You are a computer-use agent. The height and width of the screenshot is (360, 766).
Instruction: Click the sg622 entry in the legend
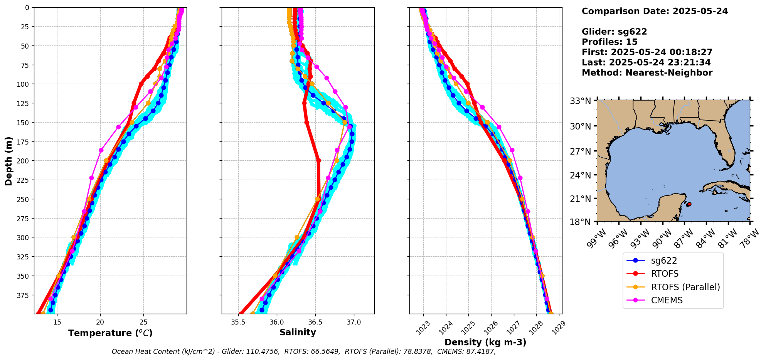pos(663,261)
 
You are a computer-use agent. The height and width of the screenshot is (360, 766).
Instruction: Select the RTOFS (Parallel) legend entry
pos(685,287)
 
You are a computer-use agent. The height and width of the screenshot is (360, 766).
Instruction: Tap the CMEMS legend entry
pos(667,300)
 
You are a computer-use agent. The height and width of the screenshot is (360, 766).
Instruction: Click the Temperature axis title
pos(110,333)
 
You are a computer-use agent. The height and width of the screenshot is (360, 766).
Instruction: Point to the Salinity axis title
pos(298,332)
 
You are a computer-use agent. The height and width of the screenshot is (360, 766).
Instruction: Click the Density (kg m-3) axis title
pos(485,342)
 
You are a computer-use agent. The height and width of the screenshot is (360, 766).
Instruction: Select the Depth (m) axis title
pos(8,161)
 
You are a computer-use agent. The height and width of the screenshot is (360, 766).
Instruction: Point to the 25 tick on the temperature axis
pos(143,322)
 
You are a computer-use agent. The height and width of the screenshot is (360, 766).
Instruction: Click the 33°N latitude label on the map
pos(580,101)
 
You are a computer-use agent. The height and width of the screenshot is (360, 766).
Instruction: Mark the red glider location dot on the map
pos(689,204)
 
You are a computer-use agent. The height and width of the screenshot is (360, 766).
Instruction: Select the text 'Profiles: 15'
pos(609,42)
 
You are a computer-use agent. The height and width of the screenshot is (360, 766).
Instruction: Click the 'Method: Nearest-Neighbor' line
pos(647,73)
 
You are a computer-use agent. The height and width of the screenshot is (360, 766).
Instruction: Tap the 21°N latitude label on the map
pos(580,199)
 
